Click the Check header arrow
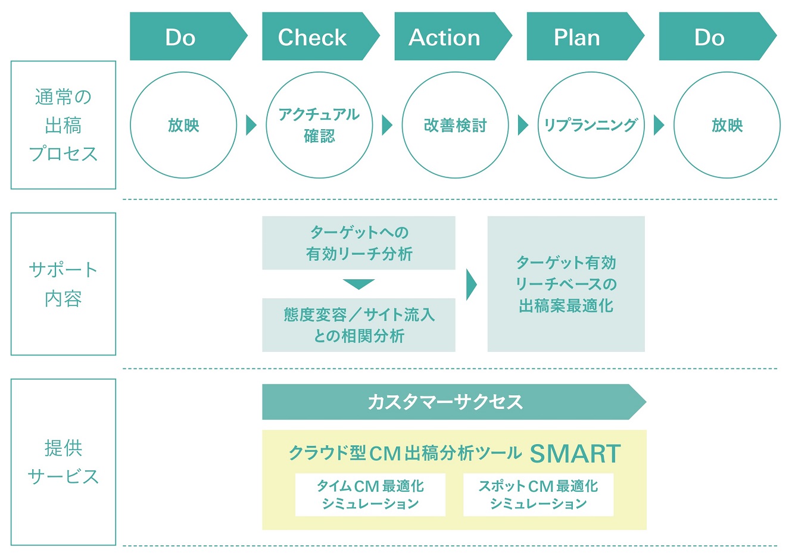click(320, 36)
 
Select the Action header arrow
click(453, 36)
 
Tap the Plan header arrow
click(585, 36)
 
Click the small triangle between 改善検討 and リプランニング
click(523, 125)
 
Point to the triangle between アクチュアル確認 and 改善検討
click(387, 125)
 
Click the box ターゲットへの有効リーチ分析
click(358, 243)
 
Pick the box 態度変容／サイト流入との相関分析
click(358, 325)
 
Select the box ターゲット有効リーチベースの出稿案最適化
click(566, 284)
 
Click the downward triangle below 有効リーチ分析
click(358, 284)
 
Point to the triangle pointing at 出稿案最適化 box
click(471, 285)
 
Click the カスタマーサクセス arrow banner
click(454, 402)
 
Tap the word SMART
click(575, 454)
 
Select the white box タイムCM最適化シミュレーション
click(370, 495)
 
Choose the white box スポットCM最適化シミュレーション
click(538, 495)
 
